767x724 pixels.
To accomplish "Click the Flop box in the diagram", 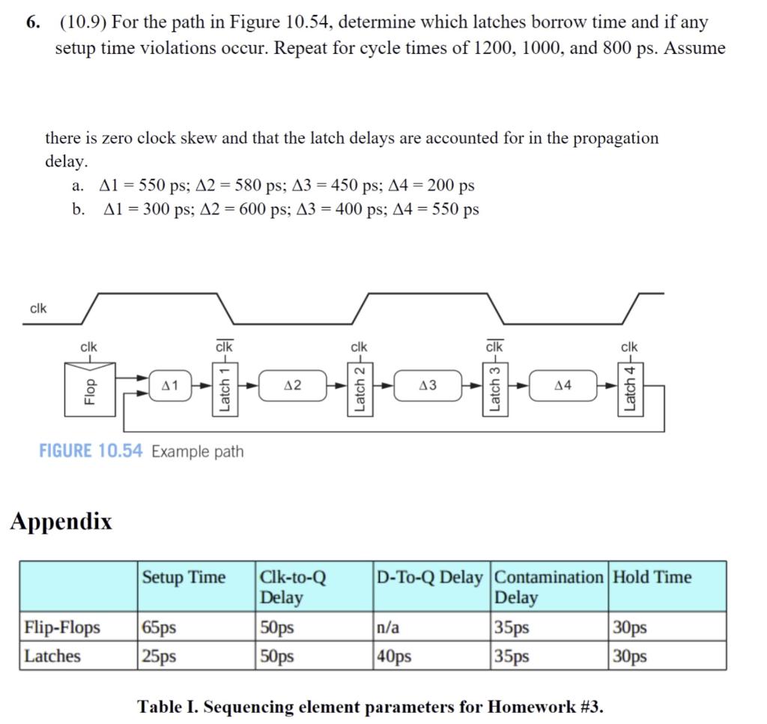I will [x=90, y=387].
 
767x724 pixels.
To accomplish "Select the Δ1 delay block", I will [x=170, y=385].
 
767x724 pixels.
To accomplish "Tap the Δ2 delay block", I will [x=294, y=385].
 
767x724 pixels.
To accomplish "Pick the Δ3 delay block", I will [x=428, y=385].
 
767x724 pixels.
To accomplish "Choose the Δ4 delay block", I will [x=563, y=385].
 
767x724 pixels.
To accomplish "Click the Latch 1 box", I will [x=223, y=387].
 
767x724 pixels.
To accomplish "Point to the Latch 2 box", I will [x=359, y=387].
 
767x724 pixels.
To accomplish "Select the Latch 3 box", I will [x=494, y=387].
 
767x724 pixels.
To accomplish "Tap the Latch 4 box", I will [x=630, y=387].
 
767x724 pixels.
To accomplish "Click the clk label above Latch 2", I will [x=359, y=346].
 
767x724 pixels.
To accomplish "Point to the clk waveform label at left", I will [x=38, y=308].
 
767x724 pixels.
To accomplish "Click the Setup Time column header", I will [x=184, y=577].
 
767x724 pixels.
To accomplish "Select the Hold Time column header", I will [x=652, y=577].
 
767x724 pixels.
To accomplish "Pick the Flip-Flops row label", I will [x=62, y=627].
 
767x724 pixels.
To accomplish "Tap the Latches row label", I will [x=52, y=656].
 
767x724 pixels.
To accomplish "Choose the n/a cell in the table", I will [x=388, y=627].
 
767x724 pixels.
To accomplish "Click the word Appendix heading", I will [x=61, y=522].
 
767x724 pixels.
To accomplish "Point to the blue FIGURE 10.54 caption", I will [x=91, y=451].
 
